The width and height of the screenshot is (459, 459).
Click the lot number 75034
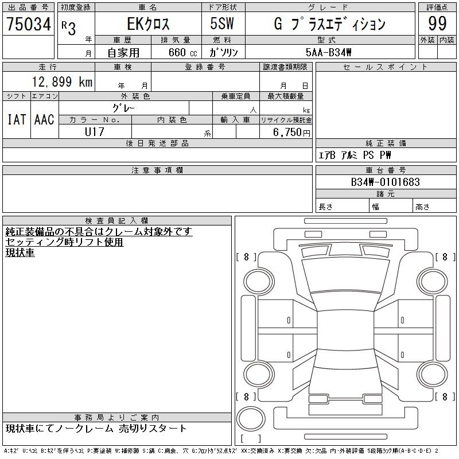(29, 24)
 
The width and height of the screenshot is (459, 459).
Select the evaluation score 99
(437, 24)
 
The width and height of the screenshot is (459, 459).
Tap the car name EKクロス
(148, 24)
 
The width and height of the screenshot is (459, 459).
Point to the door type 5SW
(222, 24)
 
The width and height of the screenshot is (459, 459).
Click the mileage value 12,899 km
(62, 81)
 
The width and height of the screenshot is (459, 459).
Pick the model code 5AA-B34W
(328, 52)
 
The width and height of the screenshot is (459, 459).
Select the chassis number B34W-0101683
(385, 182)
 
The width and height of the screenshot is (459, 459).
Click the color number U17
(95, 132)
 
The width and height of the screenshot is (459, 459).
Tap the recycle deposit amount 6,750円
(291, 133)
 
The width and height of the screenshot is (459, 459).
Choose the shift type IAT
(17, 119)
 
